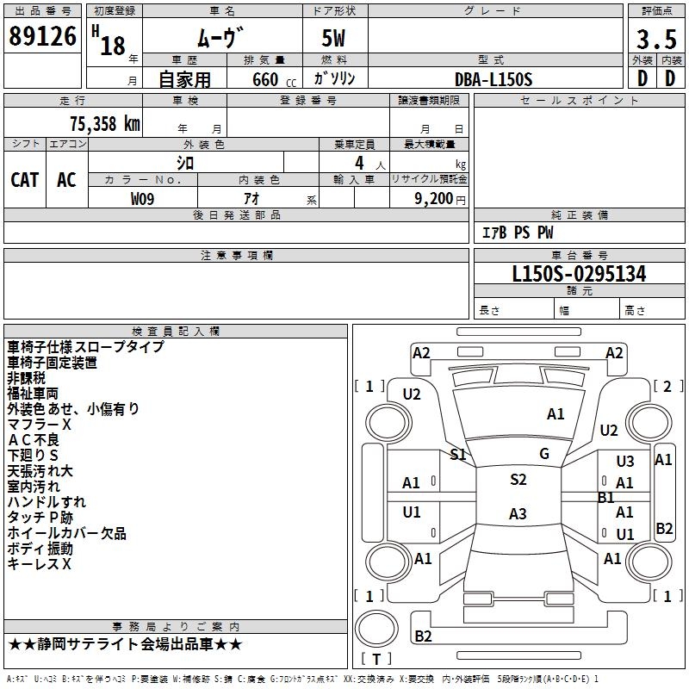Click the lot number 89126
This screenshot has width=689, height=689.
tap(42, 36)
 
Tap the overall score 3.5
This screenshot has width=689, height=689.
tap(656, 39)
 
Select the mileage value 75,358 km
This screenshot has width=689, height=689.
tap(105, 124)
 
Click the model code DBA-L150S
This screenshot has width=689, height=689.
tap(493, 79)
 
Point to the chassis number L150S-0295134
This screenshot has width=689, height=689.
tap(579, 274)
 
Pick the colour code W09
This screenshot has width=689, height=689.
tap(142, 199)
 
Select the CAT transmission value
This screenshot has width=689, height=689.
tap(25, 180)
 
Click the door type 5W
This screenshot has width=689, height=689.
tap(333, 38)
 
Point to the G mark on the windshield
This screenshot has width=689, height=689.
tap(544, 454)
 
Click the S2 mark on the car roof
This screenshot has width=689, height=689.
tap(518, 480)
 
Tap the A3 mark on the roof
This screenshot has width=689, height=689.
tap(518, 513)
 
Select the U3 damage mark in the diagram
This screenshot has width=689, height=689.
tap(625, 462)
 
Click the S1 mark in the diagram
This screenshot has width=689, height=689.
tap(458, 455)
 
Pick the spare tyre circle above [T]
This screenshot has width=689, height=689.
tap(376, 629)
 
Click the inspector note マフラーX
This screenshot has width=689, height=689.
tap(39, 425)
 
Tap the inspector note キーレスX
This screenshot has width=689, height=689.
tap(39, 564)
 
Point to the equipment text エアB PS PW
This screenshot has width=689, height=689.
tap(518, 233)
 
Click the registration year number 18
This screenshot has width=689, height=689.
tap(113, 46)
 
